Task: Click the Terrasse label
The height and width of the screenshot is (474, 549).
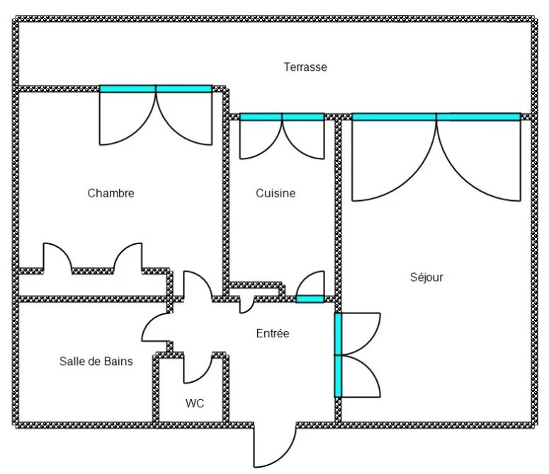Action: [x=305, y=67]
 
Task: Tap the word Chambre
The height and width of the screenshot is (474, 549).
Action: [x=111, y=193]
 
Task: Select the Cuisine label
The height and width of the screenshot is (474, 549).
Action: [x=276, y=193]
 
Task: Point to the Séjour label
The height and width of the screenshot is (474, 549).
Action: [x=426, y=277]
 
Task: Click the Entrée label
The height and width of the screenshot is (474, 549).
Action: [x=273, y=333]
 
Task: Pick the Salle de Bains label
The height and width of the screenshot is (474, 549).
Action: [x=96, y=361]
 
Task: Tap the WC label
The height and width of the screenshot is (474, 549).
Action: [x=195, y=403]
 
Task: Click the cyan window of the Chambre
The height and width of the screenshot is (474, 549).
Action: [x=156, y=89]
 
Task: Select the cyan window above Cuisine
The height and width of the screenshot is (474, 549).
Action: [x=282, y=117]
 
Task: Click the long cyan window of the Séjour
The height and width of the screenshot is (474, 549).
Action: [x=436, y=117]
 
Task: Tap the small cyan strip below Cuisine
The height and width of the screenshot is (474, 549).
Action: [x=310, y=299]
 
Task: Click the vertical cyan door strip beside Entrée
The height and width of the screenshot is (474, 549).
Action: [x=338, y=355]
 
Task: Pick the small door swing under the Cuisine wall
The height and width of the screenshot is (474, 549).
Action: [x=251, y=308]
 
